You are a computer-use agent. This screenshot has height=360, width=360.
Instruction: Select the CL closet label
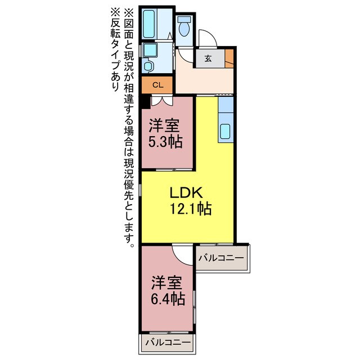pos(158,85)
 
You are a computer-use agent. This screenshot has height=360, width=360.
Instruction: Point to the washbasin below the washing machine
pos(148,66)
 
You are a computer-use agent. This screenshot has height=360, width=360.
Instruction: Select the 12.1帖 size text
pos(191,209)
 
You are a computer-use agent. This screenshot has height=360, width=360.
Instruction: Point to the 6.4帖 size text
pos(167,298)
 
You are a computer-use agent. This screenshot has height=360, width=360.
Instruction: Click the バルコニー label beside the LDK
pos(221,258)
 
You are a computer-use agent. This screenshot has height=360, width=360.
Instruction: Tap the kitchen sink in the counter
pos(226,130)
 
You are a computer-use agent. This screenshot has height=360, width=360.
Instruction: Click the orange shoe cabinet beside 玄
pos(229,57)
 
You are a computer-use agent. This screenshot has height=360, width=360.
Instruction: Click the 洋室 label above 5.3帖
pos(165,124)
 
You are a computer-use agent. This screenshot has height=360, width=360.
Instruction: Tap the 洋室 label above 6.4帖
pos(167,281)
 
